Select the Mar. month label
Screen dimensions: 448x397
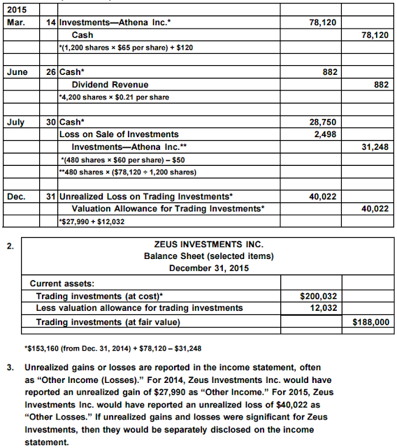point(15,22)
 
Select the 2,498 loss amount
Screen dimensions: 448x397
point(325,134)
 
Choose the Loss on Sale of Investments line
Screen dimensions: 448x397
point(119,134)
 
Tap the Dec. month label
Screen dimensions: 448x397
point(16,196)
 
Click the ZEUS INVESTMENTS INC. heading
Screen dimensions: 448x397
point(208,245)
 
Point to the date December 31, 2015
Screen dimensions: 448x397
point(208,267)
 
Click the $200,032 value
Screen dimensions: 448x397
point(319,296)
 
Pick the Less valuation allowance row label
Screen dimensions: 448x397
point(139,308)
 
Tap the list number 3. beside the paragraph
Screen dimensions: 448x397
point(10,366)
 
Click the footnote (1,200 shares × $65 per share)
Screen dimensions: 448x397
point(126,46)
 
